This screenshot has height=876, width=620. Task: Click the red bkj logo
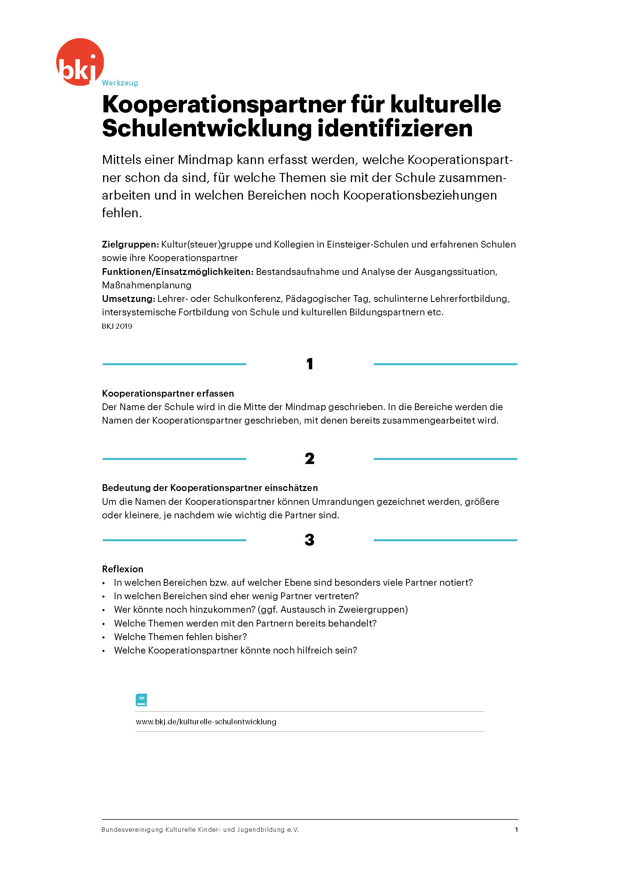pos(80,62)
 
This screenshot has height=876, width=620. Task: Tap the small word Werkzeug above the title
pos(120,83)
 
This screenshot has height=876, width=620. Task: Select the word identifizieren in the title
pos(395,128)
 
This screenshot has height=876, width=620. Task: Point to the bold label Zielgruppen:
pos(130,244)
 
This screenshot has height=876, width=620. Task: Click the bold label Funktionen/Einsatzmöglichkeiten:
pos(178,272)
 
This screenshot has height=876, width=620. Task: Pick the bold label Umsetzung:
pos(128,298)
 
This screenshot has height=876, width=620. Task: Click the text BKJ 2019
pos(117,326)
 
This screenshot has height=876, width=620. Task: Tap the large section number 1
pos(310,364)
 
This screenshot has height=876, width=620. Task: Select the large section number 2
pos(310,459)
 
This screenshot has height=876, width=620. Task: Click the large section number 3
pos(310,540)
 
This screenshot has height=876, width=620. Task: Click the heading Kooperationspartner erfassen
pos(168,393)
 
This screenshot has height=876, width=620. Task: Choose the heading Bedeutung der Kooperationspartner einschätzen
pos(210,488)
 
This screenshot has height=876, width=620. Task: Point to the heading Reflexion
pos(123,569)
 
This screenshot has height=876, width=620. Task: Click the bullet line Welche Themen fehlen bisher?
pos(180,637)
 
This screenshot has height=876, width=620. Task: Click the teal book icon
pos(141,700)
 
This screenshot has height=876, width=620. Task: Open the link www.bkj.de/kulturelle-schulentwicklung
pos(206,722)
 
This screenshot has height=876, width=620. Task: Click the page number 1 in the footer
pos(516,830)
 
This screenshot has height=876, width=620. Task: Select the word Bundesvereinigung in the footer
pos(132,830)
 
